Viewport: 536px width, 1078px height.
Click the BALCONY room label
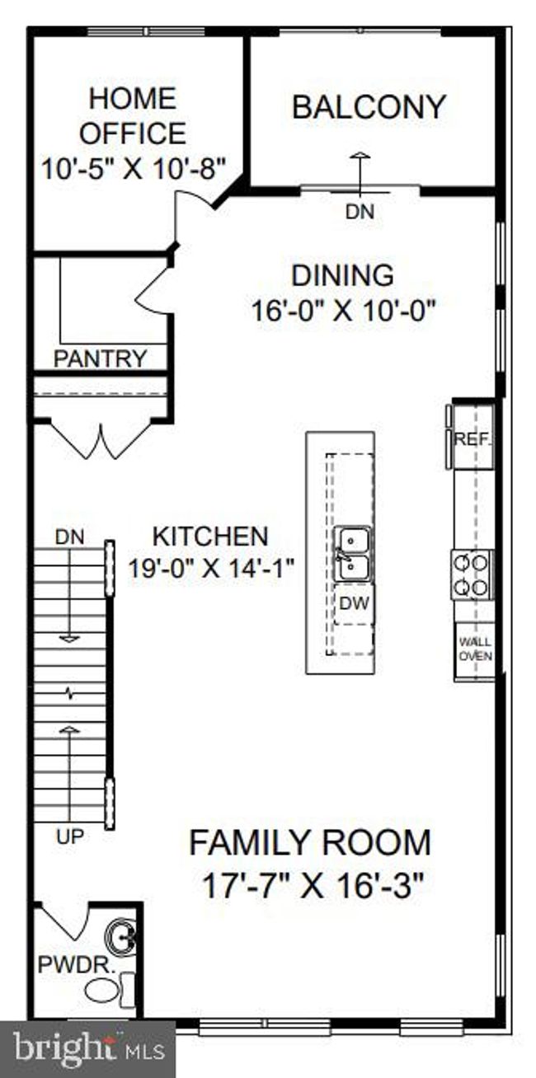pos(369,107)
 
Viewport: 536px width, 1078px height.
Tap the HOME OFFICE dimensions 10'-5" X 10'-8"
pos(134,169)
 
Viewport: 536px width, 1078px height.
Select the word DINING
pos(343,275)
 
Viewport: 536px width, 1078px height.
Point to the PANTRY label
pos(100,359)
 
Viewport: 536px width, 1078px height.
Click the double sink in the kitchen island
pos(354,553)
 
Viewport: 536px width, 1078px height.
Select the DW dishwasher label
pos(354,603)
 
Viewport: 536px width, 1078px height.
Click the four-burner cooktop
pos(472,574)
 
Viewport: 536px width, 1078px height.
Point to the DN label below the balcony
pos(360,212)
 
